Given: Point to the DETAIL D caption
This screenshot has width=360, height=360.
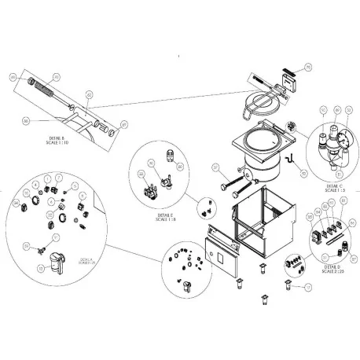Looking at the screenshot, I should point(327,267).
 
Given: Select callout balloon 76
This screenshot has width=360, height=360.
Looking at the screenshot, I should point(308,68).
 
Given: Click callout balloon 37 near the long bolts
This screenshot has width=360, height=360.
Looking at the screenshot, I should point(211,166).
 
